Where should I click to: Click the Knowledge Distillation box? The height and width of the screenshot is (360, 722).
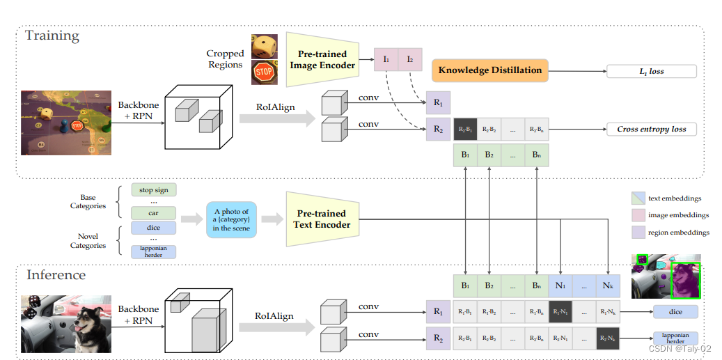[x=489, y=70]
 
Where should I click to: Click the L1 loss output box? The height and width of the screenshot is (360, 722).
[x=651, y=71]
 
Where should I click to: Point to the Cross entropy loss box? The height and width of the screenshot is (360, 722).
[x=651, y=129]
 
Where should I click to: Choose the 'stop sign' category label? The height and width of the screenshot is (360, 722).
[x=154, y=189]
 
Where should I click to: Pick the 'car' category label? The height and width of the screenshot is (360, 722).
[x=154, y=212]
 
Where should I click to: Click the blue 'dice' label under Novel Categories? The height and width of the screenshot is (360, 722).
[x=154, y=228]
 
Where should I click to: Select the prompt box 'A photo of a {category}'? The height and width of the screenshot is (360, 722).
[x=231, y=220]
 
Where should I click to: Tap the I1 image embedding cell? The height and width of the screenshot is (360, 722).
[x=386, y=60]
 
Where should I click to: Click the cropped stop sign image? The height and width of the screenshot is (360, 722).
[x=264, y=72]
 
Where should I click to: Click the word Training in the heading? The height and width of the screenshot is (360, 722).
[x=52, y=36]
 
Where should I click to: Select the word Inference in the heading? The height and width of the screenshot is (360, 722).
[x=56, y=275]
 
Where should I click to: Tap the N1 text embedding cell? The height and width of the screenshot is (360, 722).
[x=560, y=285]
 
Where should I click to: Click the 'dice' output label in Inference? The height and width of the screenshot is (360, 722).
[x=675, y=312]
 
